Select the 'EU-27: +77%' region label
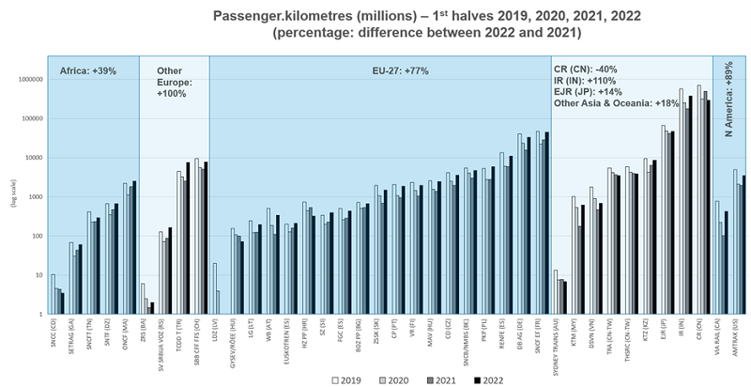pyautogui.click(x=379, y=71)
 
